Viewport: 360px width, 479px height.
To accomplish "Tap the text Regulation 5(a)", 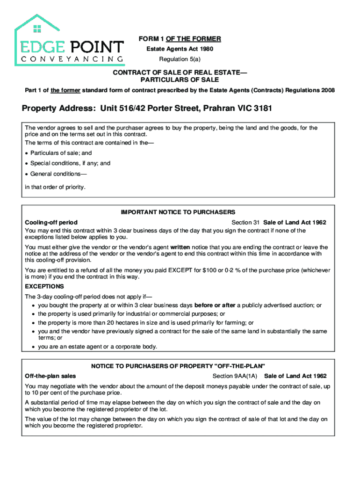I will point(180,59).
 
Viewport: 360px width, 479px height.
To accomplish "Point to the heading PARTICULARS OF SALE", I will point(180,80).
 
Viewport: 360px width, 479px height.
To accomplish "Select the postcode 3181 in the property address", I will point(263,109).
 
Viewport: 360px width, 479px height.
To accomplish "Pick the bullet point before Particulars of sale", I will point(27,153).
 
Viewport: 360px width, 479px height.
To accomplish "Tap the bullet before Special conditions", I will point(27,164).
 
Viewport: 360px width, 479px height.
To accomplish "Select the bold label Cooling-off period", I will point(51,223).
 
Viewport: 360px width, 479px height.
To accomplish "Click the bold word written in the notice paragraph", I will point(180,247).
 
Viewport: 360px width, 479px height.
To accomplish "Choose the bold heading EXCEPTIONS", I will point(44,286).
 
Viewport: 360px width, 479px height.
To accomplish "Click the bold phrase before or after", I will point(215,305).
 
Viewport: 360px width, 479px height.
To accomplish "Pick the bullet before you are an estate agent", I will point(34,347).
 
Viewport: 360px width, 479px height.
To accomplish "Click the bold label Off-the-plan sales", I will point(50,376).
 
